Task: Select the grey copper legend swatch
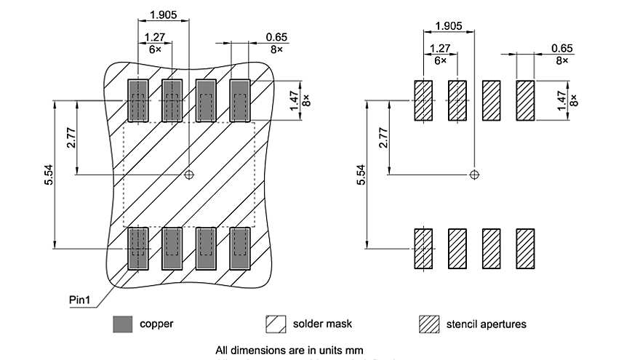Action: tap(122, 324)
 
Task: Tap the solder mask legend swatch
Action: tap(276, 324)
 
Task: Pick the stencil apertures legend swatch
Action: tap(430, 324)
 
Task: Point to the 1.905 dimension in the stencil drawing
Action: tap(448, 26)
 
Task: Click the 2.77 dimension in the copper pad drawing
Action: tap(71, 137)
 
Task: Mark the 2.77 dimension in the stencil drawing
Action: tap(383, 137)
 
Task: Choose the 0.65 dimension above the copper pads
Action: tap(276, 36)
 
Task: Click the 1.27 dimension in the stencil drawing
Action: tap(440, 49)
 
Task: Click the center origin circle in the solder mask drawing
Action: tap(189, 175)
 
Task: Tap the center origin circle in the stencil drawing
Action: tap(474, 175)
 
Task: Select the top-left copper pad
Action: tap(137, 100)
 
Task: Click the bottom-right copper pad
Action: tap(240, 249)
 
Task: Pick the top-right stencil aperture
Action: tap(525, 100)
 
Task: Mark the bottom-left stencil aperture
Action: tap(423, 249)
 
